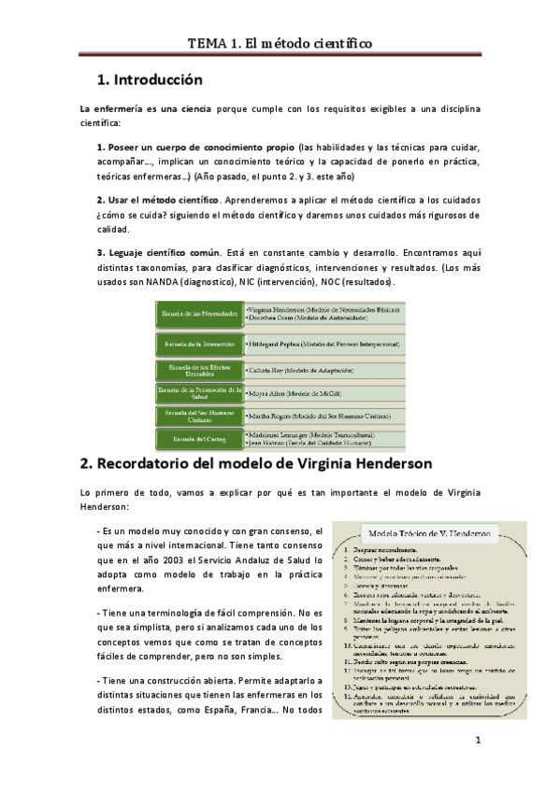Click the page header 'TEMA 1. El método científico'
280,43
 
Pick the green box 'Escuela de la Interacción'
198,345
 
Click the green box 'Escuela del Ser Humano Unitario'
198,415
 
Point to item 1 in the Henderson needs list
393,552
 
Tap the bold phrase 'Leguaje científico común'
163,252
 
